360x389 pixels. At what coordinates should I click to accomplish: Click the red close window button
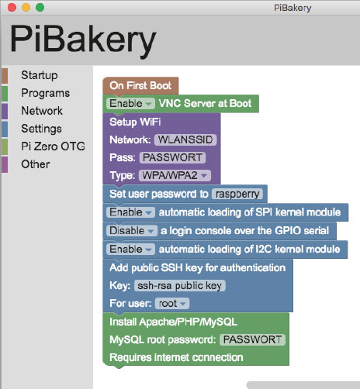12,7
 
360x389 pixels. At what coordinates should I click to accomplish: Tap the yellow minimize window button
26,7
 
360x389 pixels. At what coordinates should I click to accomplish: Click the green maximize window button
40,7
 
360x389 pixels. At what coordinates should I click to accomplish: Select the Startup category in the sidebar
40,75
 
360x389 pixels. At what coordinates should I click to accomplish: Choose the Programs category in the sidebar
46,93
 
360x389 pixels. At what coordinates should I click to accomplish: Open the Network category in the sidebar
42,111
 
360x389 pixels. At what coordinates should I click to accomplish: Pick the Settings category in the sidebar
41,129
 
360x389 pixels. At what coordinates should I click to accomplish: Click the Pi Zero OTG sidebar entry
53,146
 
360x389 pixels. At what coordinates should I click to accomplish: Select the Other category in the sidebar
36,164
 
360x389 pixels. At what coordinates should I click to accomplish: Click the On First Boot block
140,86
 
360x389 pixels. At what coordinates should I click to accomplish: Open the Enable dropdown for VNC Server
130,104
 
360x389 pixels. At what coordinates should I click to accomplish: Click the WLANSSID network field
185,139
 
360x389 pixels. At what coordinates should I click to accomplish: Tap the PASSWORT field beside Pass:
172,157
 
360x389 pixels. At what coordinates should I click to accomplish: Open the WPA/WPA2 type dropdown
175,176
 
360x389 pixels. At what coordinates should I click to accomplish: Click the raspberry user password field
237,194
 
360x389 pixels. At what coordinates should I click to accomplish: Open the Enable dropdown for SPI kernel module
130,212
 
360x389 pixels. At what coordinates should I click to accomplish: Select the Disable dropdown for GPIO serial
132,231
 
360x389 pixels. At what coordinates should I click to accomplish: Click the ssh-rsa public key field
180,286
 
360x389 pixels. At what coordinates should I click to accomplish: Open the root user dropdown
172,304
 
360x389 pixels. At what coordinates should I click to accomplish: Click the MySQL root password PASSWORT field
252,339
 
